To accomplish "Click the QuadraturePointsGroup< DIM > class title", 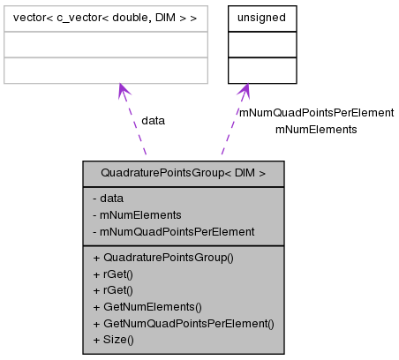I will coord(184,174).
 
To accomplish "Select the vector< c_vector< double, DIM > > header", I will coord(105,18).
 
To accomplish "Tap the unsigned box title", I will coord(262,18).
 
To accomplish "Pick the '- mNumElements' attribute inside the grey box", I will coord(136,214).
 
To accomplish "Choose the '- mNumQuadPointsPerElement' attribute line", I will coord(173,231).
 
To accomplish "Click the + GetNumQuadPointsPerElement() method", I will coord(183,323).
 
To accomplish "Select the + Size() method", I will coord(113,339).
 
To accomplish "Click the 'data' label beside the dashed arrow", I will coord(153,120).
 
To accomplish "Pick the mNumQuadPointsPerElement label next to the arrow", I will coord(316,113).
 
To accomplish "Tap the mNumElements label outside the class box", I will coord(316,129).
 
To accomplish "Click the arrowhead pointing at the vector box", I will coord(122,91).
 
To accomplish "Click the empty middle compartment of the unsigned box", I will coord(262,44).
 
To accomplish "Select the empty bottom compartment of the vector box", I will coord(105,70).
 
